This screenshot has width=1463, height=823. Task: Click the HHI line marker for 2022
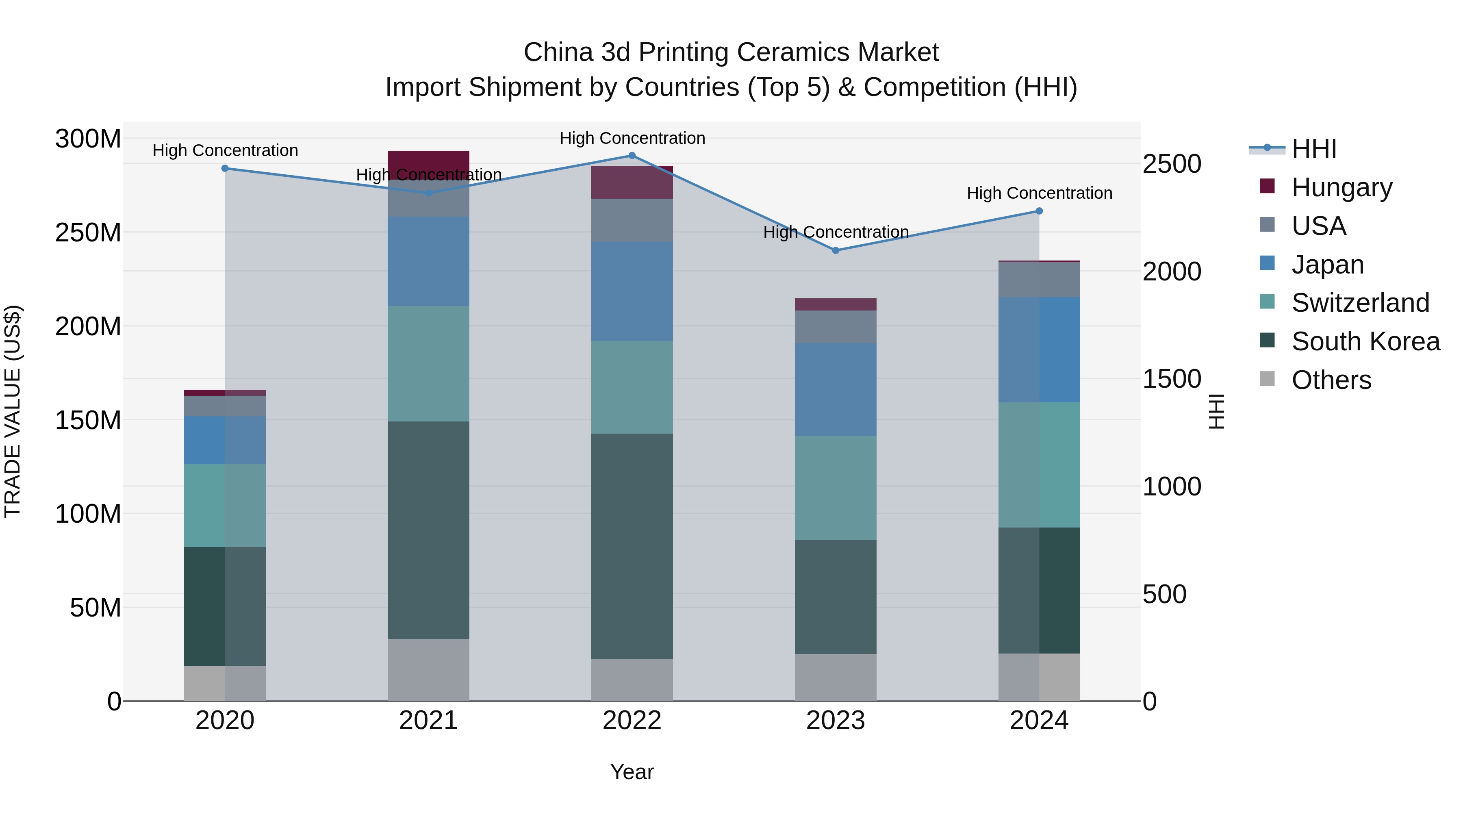pos(632,156)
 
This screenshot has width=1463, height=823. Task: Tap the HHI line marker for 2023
pos(836,250)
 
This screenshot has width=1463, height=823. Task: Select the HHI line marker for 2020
pos(225,168)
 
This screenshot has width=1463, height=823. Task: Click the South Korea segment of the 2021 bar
pos(428,530)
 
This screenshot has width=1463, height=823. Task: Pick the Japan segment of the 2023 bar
pos(836,390)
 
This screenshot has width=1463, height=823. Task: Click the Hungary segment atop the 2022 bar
pos(632,182)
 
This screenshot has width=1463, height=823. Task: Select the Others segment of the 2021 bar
pos(428,670)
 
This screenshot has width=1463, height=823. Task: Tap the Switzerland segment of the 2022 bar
pos(632,387)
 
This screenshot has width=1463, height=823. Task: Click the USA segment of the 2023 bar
pos(836,327)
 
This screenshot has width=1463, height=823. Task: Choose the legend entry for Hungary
pos(1341,187)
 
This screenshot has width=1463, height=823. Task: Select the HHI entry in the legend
pos(1313,149)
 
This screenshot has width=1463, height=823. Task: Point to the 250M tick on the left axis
pos(88,233)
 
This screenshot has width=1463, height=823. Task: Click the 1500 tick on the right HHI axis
pos(1171,379)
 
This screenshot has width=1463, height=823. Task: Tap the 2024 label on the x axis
pos(1039,721)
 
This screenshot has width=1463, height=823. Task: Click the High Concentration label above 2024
pos(1039,193)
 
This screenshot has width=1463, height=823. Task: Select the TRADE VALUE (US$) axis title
pos(13,411)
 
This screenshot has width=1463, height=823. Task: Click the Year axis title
pos(632,772)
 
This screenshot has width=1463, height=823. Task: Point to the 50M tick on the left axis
pos(96,608)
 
